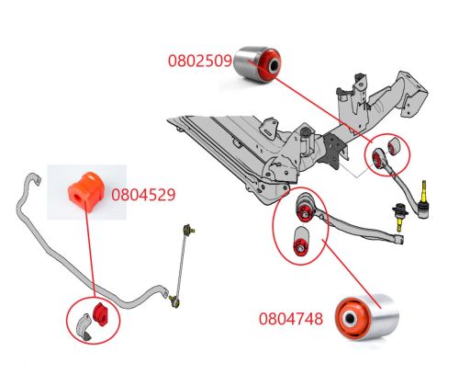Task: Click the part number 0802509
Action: tap(200, 62)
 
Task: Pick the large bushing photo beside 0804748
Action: tap(364, 318)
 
